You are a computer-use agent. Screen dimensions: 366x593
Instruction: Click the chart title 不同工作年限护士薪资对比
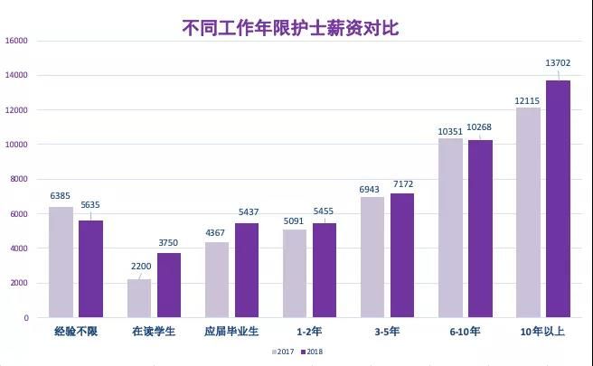click(x=290, y=27)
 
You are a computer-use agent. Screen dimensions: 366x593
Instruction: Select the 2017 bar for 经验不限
click(x=61, y=262)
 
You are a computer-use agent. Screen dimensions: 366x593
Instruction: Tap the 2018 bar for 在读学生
click(x=169, y=285)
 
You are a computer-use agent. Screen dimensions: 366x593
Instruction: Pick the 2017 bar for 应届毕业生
click(x=217, y=279)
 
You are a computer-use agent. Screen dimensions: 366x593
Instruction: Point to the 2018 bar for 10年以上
click(x=559, y=199)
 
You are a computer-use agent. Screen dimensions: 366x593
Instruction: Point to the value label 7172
click(x=402, y=183)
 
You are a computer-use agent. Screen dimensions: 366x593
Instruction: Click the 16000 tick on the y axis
click(x=17, y=41)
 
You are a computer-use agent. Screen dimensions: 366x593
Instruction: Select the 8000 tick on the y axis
click(x=20, y=179)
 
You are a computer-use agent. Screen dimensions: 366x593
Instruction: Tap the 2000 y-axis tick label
click(x=20, y=283)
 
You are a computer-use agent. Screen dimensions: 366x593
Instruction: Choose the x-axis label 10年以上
click(x=543, y=332)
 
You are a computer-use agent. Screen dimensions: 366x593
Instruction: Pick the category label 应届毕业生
click(x=230, y=332)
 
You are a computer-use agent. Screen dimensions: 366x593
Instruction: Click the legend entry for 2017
click(x=282, y=352)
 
